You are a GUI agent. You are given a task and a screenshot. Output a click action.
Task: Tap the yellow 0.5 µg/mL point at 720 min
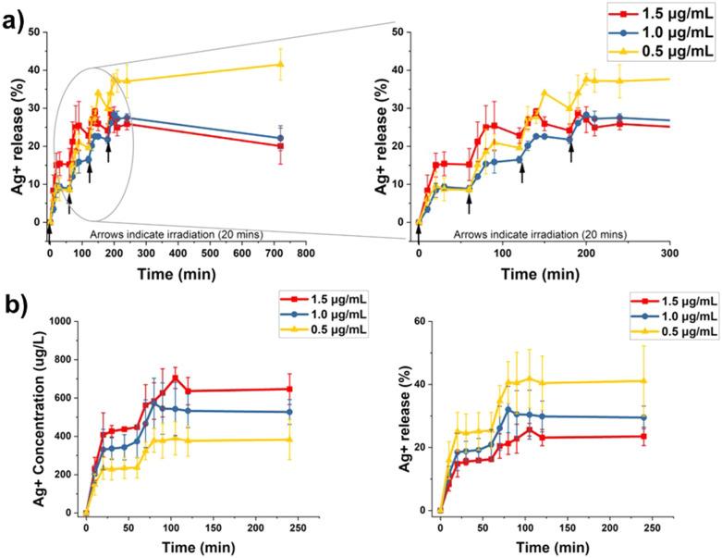pos(280,64)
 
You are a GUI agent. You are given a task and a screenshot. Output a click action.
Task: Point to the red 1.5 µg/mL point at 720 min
pos(280,145)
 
